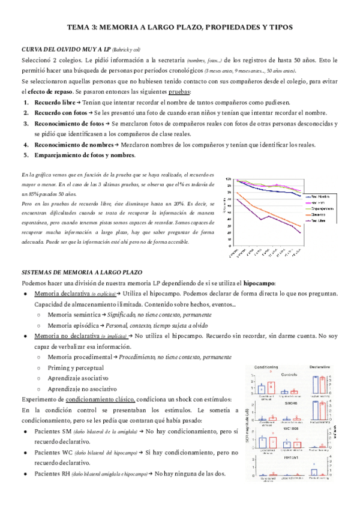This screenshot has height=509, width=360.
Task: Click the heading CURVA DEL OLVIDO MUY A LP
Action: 65,50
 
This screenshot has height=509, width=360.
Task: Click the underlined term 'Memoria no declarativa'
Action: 66,336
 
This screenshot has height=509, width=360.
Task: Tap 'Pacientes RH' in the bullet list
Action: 55,474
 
